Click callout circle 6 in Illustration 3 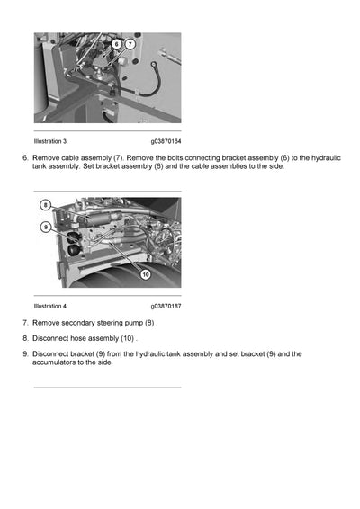[117, 43]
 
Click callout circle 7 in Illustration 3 [130, 43]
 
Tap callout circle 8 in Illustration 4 [45, 206]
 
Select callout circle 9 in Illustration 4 [45, 228]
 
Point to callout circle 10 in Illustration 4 [145, 274]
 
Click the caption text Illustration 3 [49, 141]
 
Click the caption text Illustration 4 [49, 306]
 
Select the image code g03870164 [166, 141]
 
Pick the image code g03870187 [166, 306]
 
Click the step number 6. [25, 157]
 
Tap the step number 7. [25, 322]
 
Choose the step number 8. [25, 338]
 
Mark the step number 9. [25, 354]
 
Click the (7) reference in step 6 [112, 157]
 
